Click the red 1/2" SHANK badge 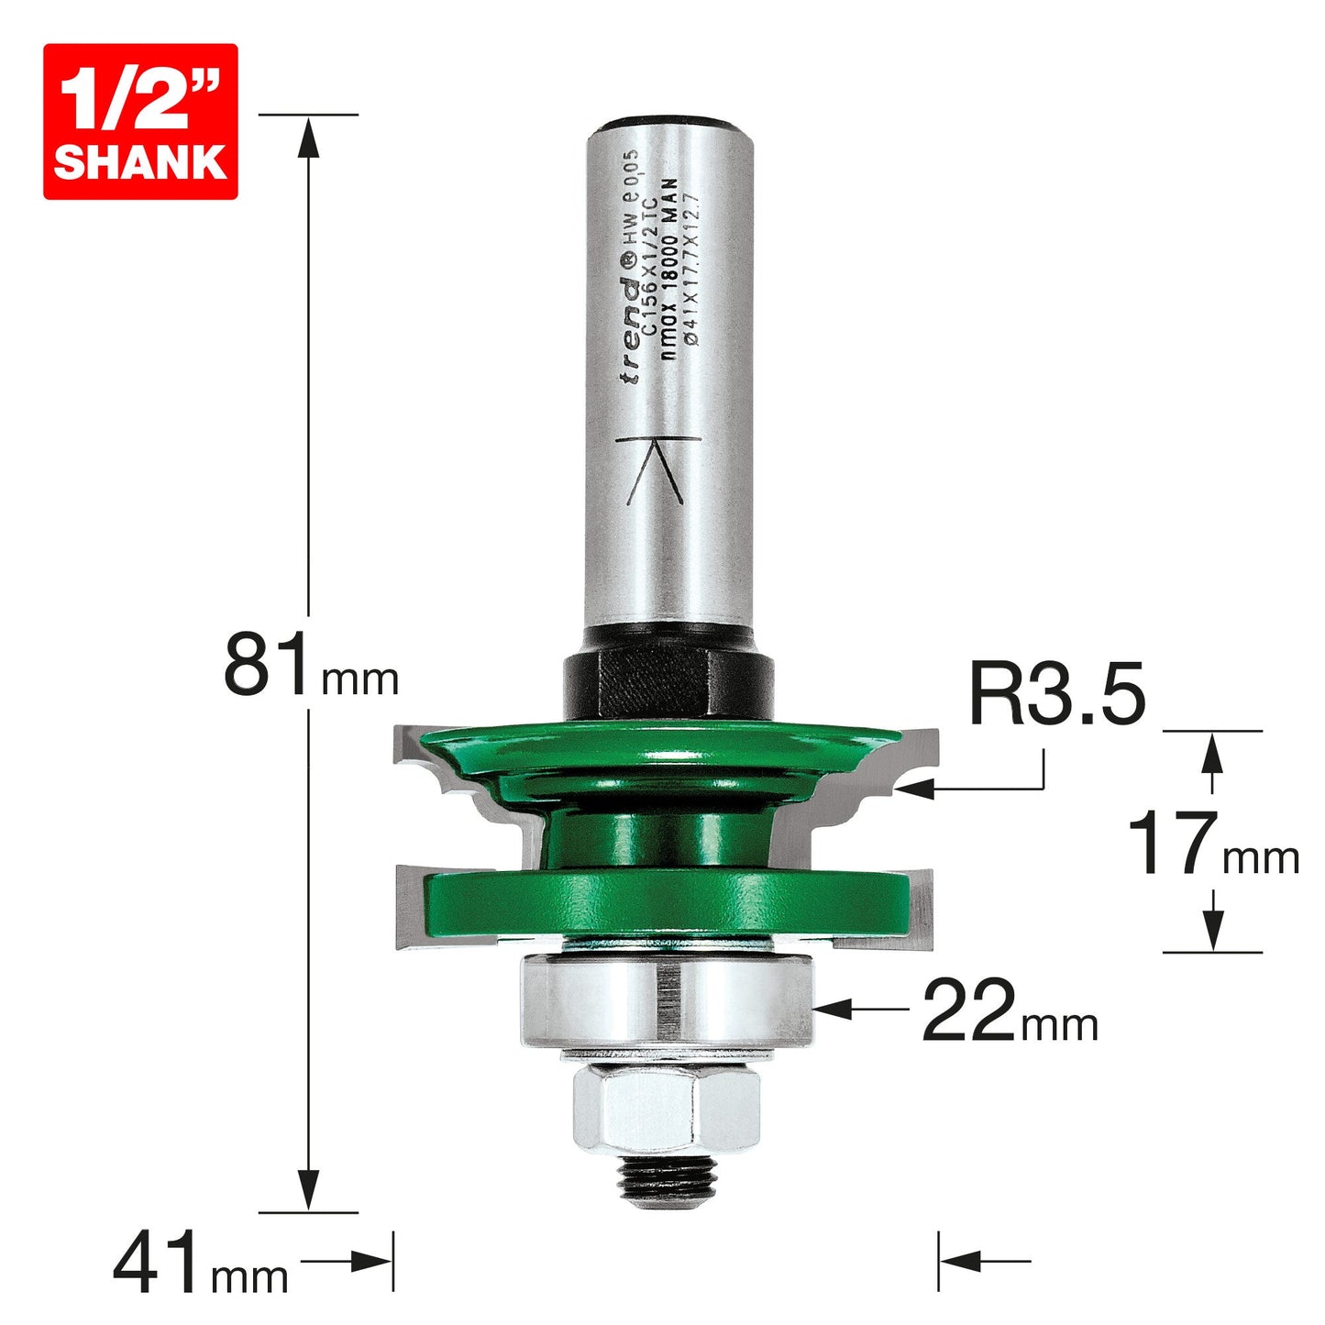(x=140, y=122)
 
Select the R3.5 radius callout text (x=1058, y=692)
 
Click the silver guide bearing (x=667, y=1005)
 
